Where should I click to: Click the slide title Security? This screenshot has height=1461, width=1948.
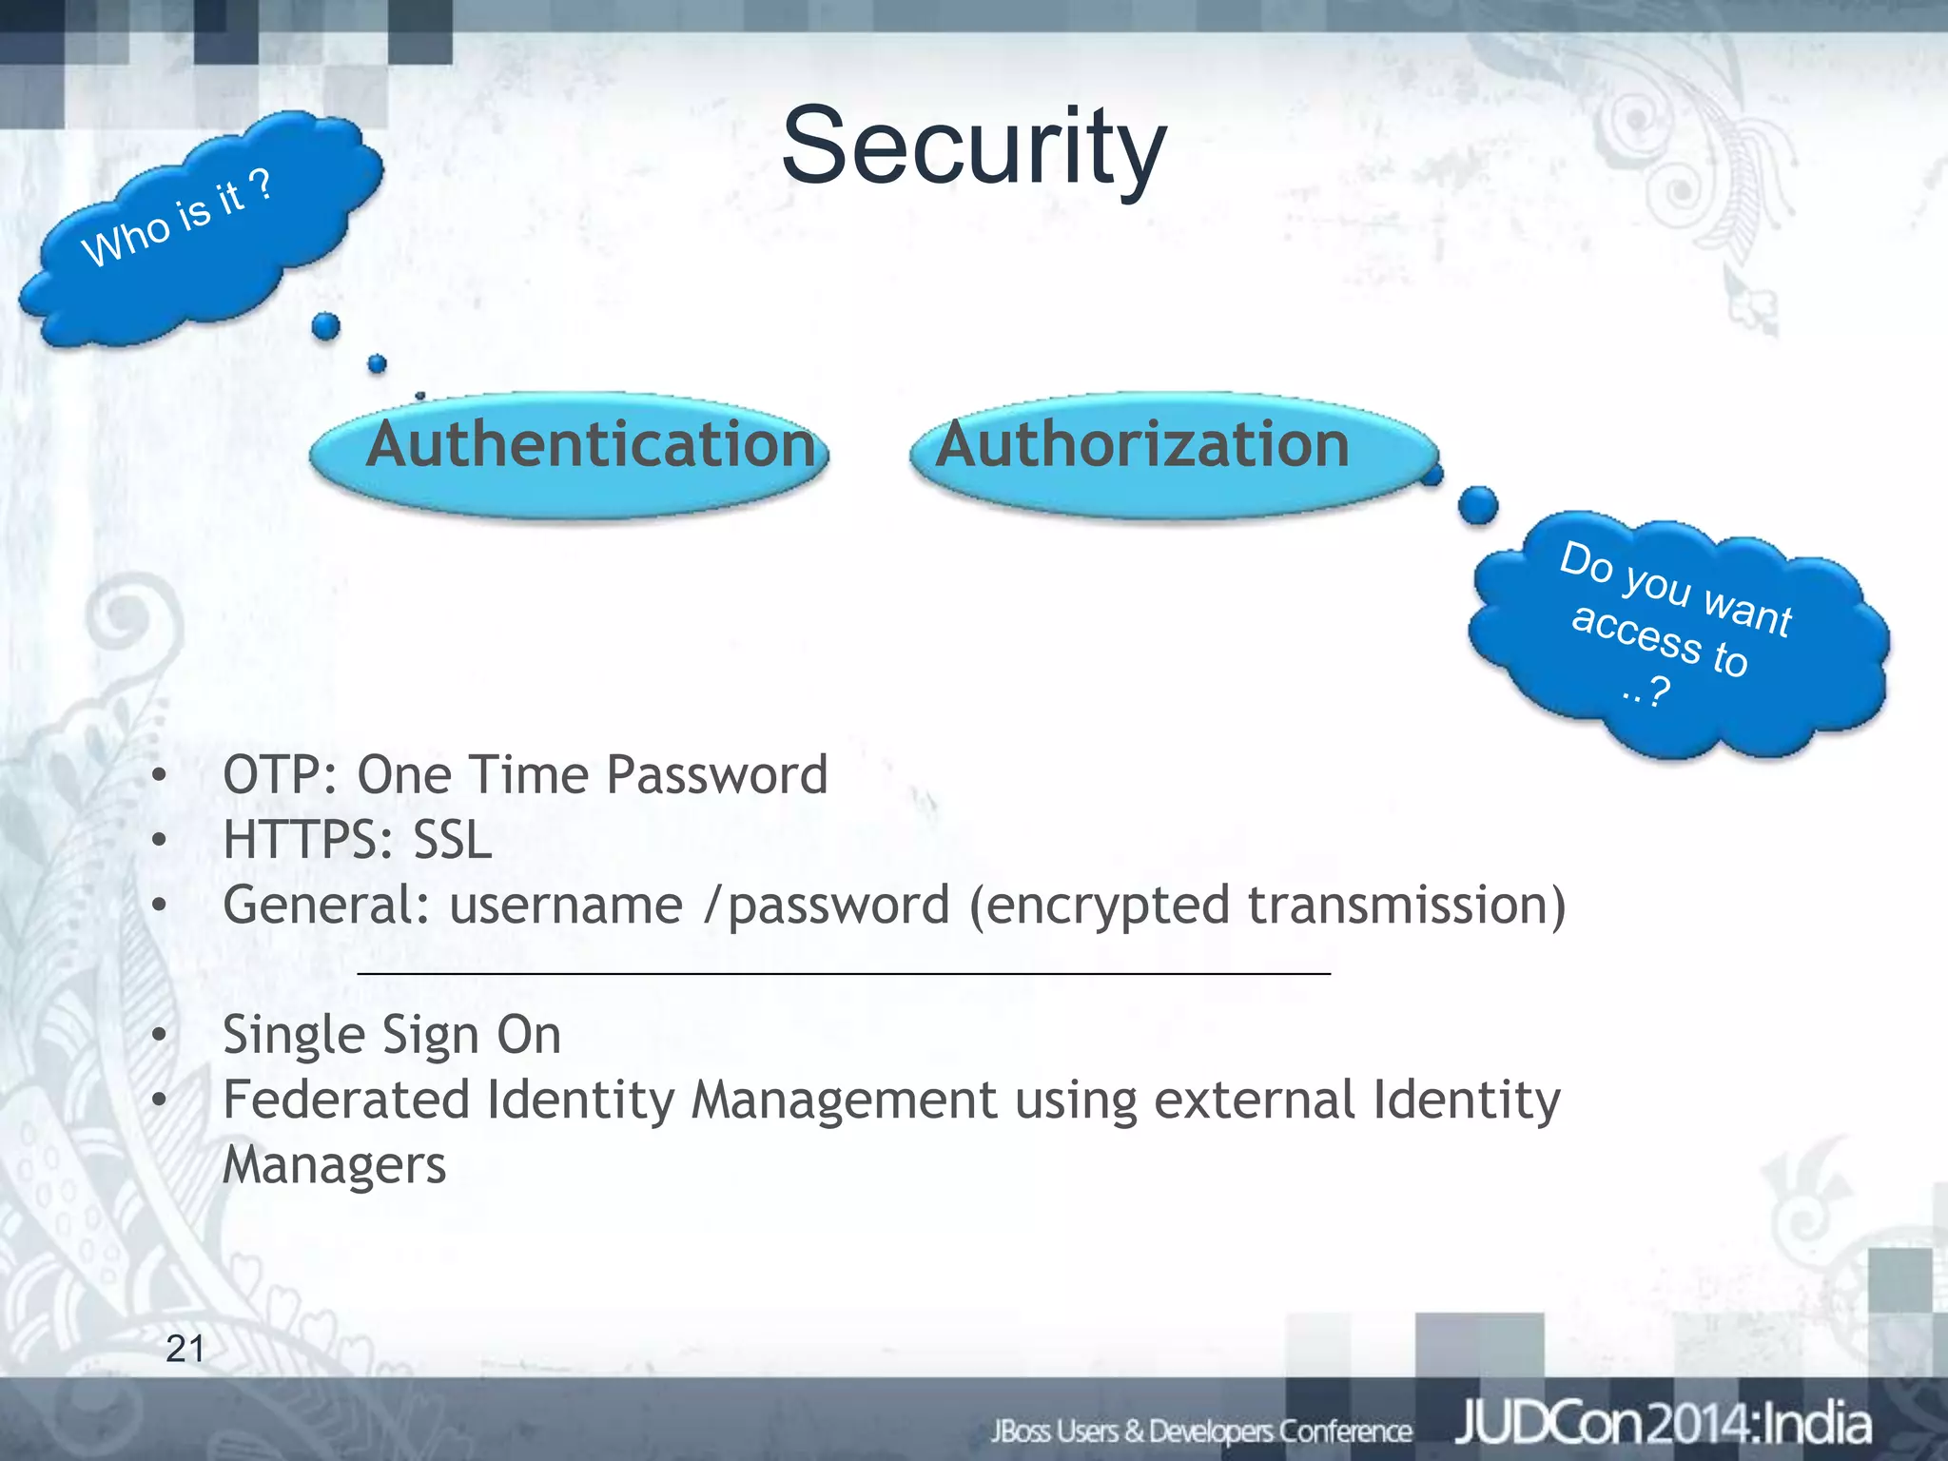pos(973,147)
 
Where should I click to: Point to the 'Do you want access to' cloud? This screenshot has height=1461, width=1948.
pos(1679,633)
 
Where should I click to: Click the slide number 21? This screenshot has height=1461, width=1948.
pos(185,1349)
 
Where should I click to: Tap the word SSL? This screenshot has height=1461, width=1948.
pos(452,841)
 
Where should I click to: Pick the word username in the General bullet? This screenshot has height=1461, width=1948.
pos(566,906)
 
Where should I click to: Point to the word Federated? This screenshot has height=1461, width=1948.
pos(346,1101)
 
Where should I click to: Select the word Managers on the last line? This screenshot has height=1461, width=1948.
pos(334,1166)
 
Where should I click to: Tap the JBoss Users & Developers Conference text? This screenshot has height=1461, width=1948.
pos(1201,1431)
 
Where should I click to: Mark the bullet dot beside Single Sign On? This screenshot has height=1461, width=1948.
pos(159,1036)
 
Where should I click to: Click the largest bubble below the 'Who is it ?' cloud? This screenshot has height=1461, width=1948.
pos(325,326)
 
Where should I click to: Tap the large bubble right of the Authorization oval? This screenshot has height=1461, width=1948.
pos(1477,505)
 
